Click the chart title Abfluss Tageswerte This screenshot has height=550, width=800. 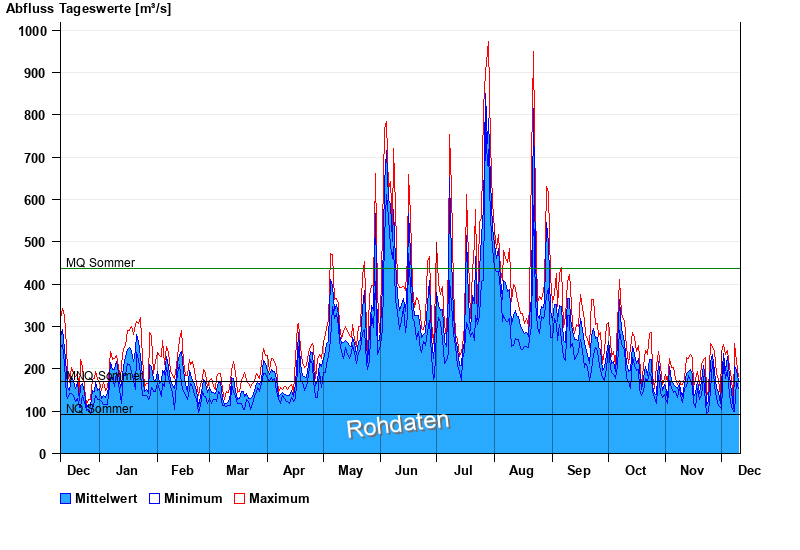pos(88,9)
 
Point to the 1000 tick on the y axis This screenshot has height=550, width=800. pos(34,31)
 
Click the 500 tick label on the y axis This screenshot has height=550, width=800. pos(37,242)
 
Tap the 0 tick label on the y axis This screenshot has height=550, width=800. pos(43,454)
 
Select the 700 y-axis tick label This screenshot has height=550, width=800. pos(37,158)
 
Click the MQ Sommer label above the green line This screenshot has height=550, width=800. pos(100,263)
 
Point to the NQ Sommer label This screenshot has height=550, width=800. pos(99,409)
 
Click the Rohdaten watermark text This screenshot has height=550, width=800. pos(397,425)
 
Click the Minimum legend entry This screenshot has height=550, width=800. pos(193,498)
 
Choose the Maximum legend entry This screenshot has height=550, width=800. pos(279,498)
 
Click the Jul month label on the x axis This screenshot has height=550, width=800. pos(464,470)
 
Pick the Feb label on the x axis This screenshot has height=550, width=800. pos(182,470)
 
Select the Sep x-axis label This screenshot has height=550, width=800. pos(578,470)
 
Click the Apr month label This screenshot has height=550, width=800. pos(294,470)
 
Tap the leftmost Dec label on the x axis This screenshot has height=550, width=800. pos(78,470)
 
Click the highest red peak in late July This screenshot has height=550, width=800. pos(488,42)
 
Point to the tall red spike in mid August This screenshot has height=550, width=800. pos(533,52)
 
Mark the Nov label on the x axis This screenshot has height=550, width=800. pos(692,470)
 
